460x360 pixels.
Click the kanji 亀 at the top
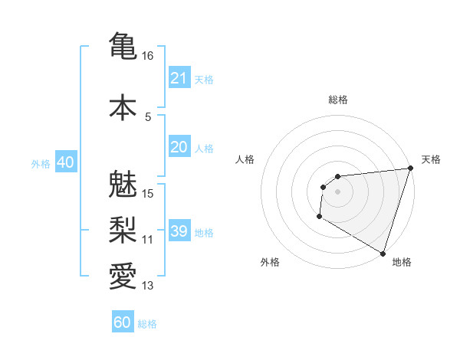[123, 45]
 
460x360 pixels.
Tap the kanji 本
[123, 106]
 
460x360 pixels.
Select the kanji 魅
[123, 184]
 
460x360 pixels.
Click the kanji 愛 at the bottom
[123, 277]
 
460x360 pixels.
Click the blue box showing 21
[179, 78]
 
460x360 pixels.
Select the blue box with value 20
[179, 147]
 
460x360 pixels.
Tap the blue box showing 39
[179, 231]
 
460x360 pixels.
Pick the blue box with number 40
[65, 162]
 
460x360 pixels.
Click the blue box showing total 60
[123, 322]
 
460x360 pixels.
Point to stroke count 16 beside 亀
[148, 56]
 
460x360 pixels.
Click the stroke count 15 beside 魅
[148, 194]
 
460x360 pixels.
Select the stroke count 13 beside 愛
[148, 286]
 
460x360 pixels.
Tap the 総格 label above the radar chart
[337, 100]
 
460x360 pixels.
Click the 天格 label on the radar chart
[431, 159]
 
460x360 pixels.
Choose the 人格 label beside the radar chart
[245, 159]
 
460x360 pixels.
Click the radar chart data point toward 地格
[383, 253]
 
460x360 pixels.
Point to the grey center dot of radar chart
[337, 191]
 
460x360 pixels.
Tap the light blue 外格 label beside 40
[41, 163]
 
